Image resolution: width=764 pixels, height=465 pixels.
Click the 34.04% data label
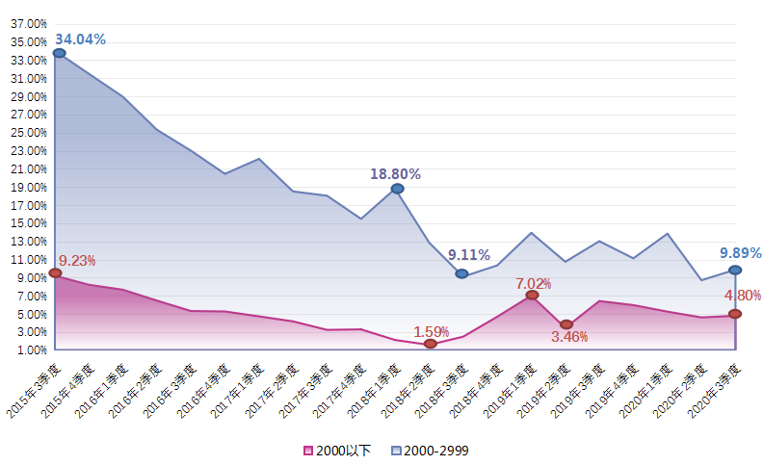tap(80, 39)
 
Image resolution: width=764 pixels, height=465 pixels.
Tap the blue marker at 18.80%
tap(397, 189)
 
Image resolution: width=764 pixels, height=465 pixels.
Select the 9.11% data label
tap(469, 255)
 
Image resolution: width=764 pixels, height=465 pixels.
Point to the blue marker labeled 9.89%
tap(735, 271)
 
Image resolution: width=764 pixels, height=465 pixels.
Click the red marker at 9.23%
tap(55, 273)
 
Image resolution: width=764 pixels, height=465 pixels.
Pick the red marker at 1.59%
tap(430, 344)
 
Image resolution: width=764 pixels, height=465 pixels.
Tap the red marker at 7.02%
tap(532, 296)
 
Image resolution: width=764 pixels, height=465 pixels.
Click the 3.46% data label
tap(569, 338)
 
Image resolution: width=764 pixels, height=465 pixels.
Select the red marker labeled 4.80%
tap(735, 314)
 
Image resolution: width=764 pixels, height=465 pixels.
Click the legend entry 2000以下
tap(337, 450)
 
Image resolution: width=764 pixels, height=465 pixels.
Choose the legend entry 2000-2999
tap(431, 450)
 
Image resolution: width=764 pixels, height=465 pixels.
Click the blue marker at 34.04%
tap(60, 53)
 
